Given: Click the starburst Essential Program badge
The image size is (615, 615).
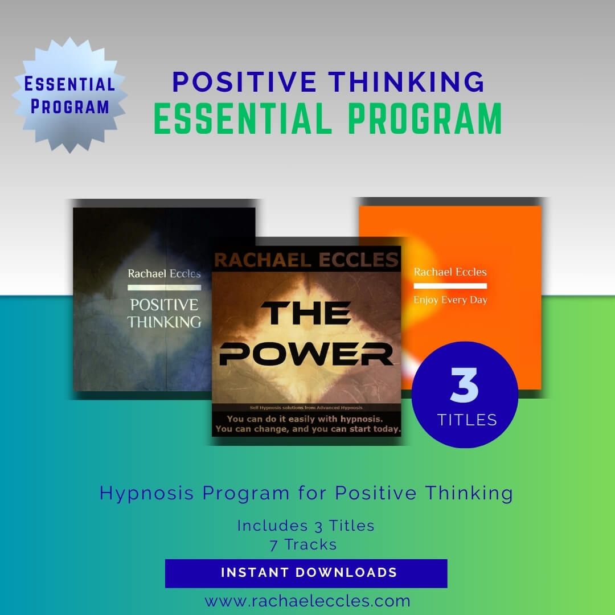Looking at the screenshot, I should (70, 95).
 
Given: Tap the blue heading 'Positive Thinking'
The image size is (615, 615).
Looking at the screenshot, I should (329, 81).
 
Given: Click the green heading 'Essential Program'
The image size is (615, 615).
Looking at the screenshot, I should (328, 118).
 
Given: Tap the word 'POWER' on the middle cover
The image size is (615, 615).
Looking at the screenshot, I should (306, 354).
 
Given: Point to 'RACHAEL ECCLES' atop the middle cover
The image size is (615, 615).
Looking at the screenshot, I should (306, 260).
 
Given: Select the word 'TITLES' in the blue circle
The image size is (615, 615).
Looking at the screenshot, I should (467, 420).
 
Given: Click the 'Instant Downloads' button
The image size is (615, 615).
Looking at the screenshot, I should (306, 573).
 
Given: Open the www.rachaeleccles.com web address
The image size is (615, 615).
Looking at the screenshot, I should (307, 601).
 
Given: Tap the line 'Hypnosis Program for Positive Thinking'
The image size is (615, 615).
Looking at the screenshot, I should (306, 493).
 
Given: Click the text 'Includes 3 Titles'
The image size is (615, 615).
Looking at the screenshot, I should (306, 525).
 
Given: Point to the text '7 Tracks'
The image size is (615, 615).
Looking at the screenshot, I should (303, 544).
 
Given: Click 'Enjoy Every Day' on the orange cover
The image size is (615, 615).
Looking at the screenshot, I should (450, 300).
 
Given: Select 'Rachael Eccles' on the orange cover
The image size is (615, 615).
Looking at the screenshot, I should (450, 272).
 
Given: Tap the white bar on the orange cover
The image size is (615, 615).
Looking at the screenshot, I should (450, 285).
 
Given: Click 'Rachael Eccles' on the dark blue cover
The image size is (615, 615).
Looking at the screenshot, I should (164, 274).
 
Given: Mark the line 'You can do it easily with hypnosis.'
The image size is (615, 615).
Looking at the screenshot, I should (306, 418).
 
